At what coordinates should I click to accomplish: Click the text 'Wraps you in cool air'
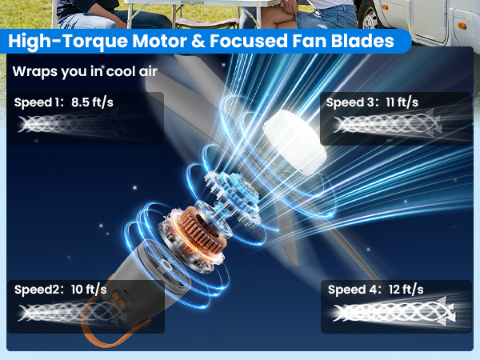tap(85, 71)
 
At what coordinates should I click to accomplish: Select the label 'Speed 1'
tap(37, 102)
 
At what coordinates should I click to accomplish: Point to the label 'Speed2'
tap(36, 289)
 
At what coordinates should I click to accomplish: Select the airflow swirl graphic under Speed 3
tap(387, 124)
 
